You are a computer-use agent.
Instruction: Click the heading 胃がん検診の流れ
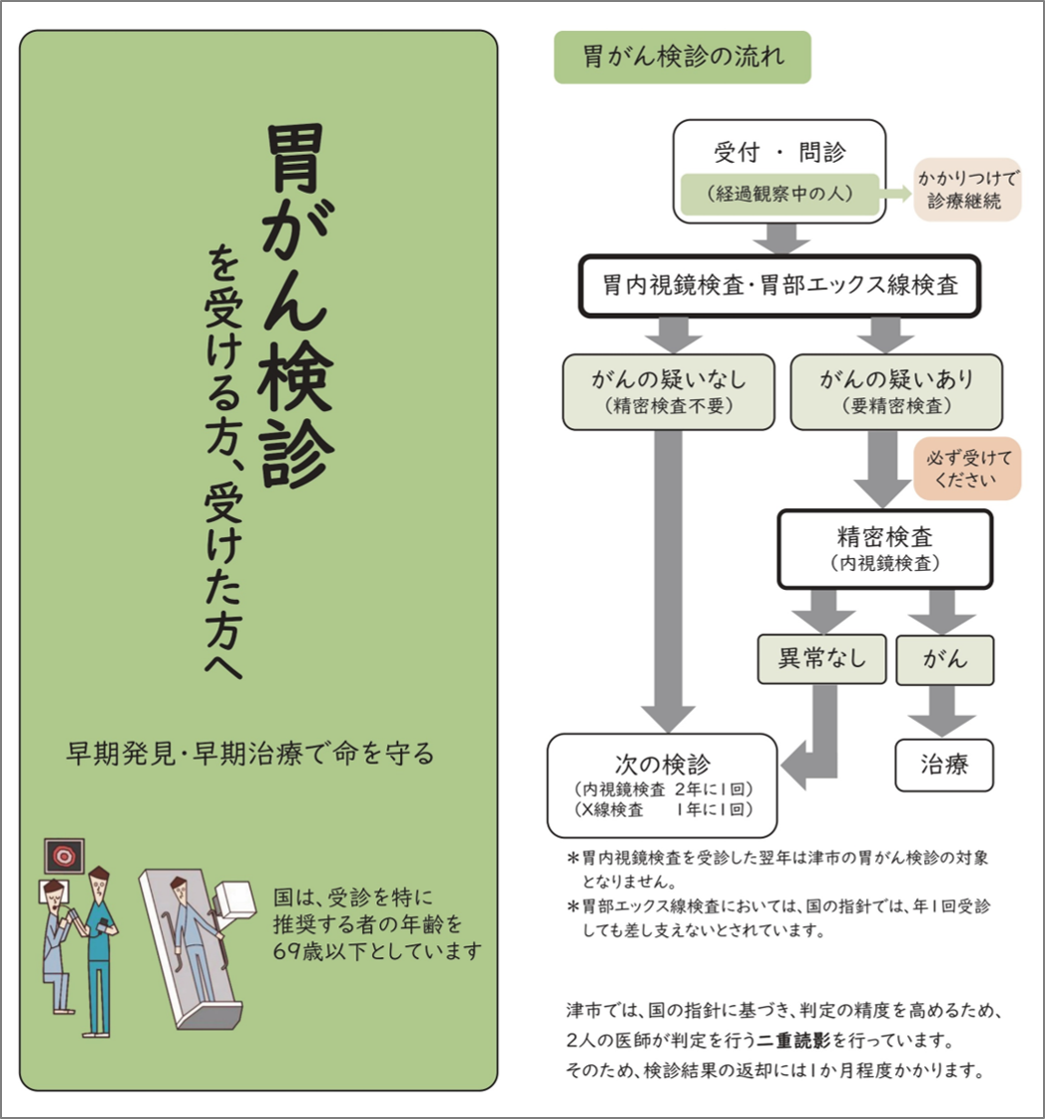(683, 57)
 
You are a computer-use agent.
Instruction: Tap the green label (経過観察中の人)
(780, 194)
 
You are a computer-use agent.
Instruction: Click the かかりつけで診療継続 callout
(967, 190)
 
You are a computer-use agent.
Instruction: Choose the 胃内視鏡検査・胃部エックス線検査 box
(780, 285)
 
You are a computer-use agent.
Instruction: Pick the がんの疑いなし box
(668, 391)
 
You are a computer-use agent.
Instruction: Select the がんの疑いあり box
(896, 391)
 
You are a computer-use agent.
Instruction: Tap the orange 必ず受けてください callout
(968, 469)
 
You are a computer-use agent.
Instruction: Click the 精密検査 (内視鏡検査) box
(885, 549)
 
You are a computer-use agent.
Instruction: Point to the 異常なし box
(821, 660)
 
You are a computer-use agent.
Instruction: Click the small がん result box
(944, 660)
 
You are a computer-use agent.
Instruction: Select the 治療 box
(944, 765)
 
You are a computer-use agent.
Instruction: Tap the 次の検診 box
(662, 785)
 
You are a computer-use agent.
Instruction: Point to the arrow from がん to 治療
(942, 711)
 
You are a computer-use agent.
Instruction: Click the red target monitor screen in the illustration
(64, 855)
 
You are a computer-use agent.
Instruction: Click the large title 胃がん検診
(295, 305)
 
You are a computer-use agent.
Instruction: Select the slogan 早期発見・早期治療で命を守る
(250, 754)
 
